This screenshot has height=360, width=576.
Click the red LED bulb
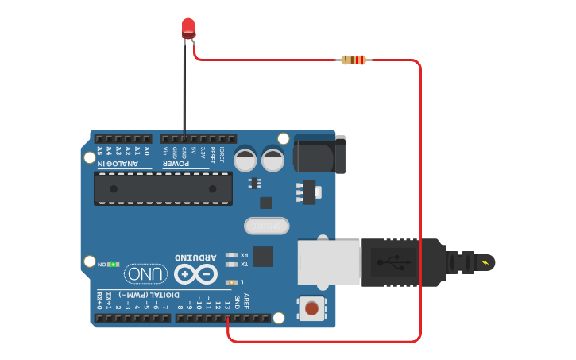(x=188, y=28)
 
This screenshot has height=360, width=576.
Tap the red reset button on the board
(x=311, y=308)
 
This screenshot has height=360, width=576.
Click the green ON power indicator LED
(x=114, y=263)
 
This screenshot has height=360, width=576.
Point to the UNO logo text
(x=146, y=274)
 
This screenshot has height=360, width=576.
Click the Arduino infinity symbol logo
(x=195, y=274)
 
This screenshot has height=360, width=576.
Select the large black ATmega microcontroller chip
(x=163, y=188)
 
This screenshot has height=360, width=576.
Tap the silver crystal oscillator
(x=266, y=226)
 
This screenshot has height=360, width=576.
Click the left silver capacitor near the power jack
(x=245, y=159)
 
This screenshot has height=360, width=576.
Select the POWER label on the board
(x=176, y=165)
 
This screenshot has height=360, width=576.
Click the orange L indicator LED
(x=232, y=282)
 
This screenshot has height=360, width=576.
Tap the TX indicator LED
(x=232, y=264)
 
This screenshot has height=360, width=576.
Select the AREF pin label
(x=246, y=300)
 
